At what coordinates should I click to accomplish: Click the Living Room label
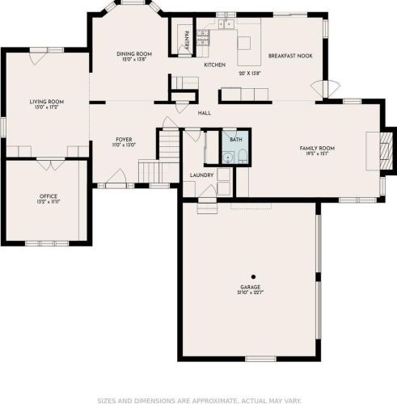(x=46, y=102)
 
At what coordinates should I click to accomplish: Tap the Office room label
(x=49, y=196)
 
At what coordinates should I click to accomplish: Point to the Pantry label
(x=186, y=39)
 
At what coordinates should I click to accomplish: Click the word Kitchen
(x=214, y=65)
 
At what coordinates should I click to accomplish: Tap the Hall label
(x=205, y=113)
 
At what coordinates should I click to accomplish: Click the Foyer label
(x=124, y=140)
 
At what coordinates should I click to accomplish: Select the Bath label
(x=235, y=140)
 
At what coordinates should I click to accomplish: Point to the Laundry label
(x=201, y=175)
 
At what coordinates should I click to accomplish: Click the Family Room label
(x=317, y=148)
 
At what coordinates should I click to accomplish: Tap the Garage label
(x=251, y=285)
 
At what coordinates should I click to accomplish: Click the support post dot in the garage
(x=252, y=276)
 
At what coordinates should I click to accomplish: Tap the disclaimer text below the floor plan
(x=198, y=399)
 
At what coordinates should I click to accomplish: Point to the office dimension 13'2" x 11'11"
(x=49, y=201)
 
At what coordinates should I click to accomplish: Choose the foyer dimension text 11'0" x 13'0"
(x=124, y=145)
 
